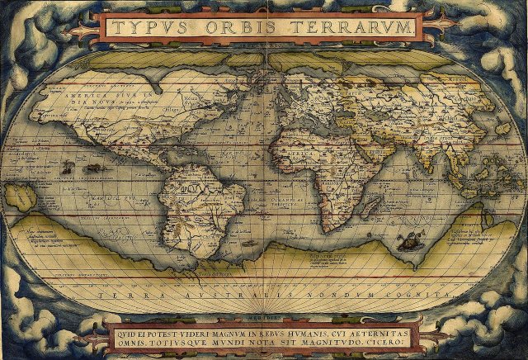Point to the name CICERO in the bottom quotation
395,339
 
